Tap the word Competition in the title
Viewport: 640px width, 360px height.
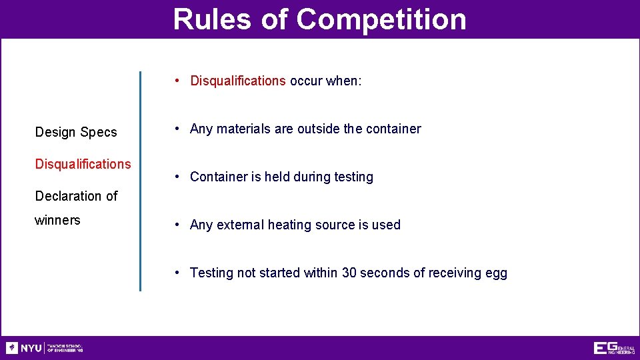(381, 19)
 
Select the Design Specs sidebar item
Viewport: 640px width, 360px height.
(76, 132)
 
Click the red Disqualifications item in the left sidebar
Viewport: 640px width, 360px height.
(83, 164)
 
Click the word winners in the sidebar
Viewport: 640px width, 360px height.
(57, 220)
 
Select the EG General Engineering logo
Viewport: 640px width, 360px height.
(614, 348)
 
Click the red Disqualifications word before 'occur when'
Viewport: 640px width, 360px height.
(238, 81)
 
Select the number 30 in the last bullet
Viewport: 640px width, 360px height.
(349, 273)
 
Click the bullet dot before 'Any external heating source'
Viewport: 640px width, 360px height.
(177, 225)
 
